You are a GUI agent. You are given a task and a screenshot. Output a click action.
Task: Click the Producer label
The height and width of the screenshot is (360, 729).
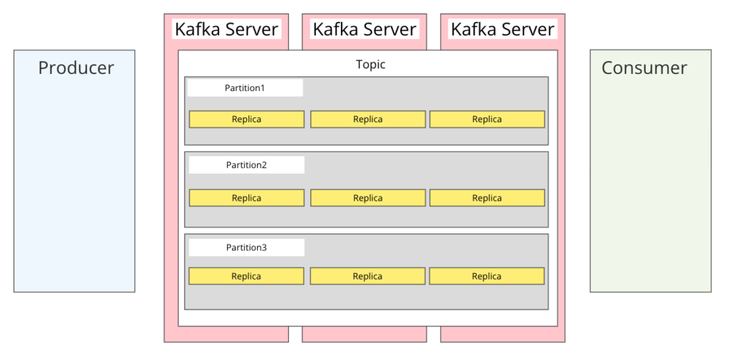pyautogui.click(x=75, y=68)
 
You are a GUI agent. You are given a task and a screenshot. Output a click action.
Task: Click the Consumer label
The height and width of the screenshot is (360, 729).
pyautogui.click(x=644, y=68)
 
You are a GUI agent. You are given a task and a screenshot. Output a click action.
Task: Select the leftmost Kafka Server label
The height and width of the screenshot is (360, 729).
pyautogui.click(x=226, y=29)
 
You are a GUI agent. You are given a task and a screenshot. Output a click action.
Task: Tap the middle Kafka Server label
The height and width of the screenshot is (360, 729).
pyautogui.click(x=364, y=29)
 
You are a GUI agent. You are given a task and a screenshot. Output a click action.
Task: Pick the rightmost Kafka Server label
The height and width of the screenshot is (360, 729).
pyautogui.click(x=503, y=29)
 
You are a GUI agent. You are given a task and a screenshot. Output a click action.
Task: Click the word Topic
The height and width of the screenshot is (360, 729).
pyautogui.click(x=370, y=64)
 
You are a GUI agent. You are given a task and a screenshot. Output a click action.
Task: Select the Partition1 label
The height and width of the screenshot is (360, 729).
pyautogui.click(x=245, y=88)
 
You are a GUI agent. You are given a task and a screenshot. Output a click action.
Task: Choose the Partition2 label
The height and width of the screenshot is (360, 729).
pyautogui.click(x=246, y=165)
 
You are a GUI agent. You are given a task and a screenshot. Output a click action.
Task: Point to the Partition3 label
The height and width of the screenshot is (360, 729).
pyautogui.click(x=246, y=248)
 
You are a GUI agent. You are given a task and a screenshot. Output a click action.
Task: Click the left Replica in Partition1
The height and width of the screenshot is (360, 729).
pyautogui.click(x=246, y=120)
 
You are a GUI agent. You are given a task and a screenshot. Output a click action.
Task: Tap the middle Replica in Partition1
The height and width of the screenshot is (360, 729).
pyautogui.click(x=368, y=120)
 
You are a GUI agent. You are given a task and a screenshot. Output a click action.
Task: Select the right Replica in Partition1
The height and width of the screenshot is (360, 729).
pyautogui.click(x=487, y=120)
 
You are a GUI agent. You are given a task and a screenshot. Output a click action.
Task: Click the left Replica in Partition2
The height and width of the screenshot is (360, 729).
pyautogui.click(x=246, y=198)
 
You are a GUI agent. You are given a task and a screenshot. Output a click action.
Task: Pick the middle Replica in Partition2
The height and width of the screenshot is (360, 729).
pyautogui.click(x=368, y=198)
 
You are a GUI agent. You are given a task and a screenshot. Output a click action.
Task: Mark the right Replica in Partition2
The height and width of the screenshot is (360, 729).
pyautogui.click(x=487, y=198)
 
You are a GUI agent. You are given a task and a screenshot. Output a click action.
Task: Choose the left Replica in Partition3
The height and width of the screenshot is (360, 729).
pyautogui.click(x=246, y=276)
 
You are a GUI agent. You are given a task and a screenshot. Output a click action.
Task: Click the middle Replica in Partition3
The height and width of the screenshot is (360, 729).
pyautogui.click(x=368, y=276)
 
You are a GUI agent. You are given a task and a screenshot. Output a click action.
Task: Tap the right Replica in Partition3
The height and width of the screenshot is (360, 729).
pyautogui.click(x=487, y=276)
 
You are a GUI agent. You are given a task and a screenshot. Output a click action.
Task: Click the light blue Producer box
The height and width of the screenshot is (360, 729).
pyautogui.click(x=75, y=185)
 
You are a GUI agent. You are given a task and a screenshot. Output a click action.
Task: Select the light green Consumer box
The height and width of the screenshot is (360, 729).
pyautogui.click(x=650, y=185)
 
